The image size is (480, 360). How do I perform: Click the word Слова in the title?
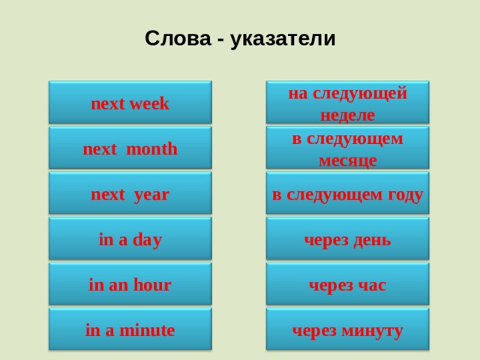(x=172, y=39)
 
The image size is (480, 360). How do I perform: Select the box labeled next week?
(x=130, y=103)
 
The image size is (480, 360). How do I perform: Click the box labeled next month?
(x=130, y=148)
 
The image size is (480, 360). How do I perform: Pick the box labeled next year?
(x=130, y=194)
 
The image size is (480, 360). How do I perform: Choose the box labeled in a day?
(x=130, y=240)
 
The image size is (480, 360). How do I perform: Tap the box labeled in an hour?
(x=130, y=285)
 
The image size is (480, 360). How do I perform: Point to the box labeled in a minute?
(x=130, y=330)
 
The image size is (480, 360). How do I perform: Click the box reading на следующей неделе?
(x=347, y=103)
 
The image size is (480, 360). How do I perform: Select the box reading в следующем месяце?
(x=347, y=148)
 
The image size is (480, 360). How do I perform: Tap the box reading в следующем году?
(x=347, y=194)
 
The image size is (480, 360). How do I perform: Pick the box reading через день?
(x=347, y=240)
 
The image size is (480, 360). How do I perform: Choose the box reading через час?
(x=347, y=285)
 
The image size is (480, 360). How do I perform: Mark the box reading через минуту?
(x=347, y=330)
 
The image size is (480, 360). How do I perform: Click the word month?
(x=151, y=149)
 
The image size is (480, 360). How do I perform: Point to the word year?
(x=151, y=195)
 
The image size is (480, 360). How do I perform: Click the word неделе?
(x=347, y=115)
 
